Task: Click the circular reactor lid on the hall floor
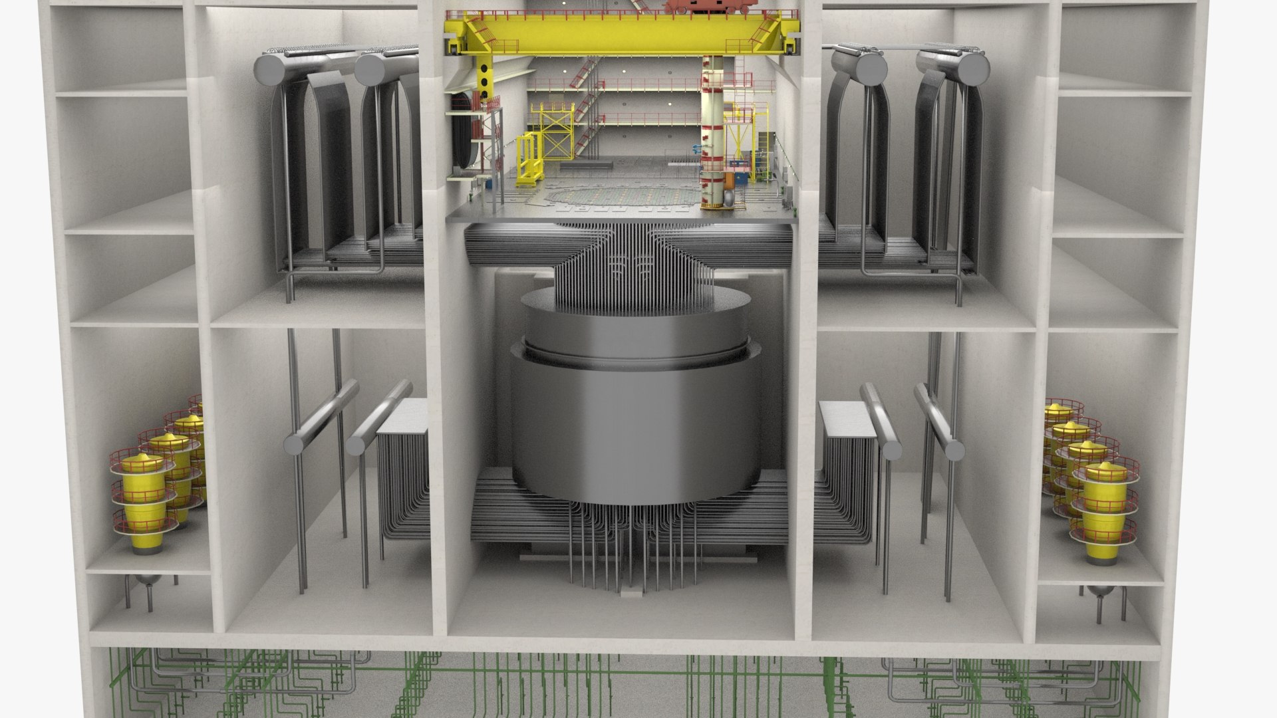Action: click(625, 195)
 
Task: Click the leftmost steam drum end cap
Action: click(270, 68)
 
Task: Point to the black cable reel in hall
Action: click(460, 130)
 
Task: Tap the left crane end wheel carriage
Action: click(452, 47)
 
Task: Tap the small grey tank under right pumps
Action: click(1098, 591)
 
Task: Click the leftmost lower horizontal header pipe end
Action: click(293, 443)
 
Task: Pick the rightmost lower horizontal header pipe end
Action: click(955, 450)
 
